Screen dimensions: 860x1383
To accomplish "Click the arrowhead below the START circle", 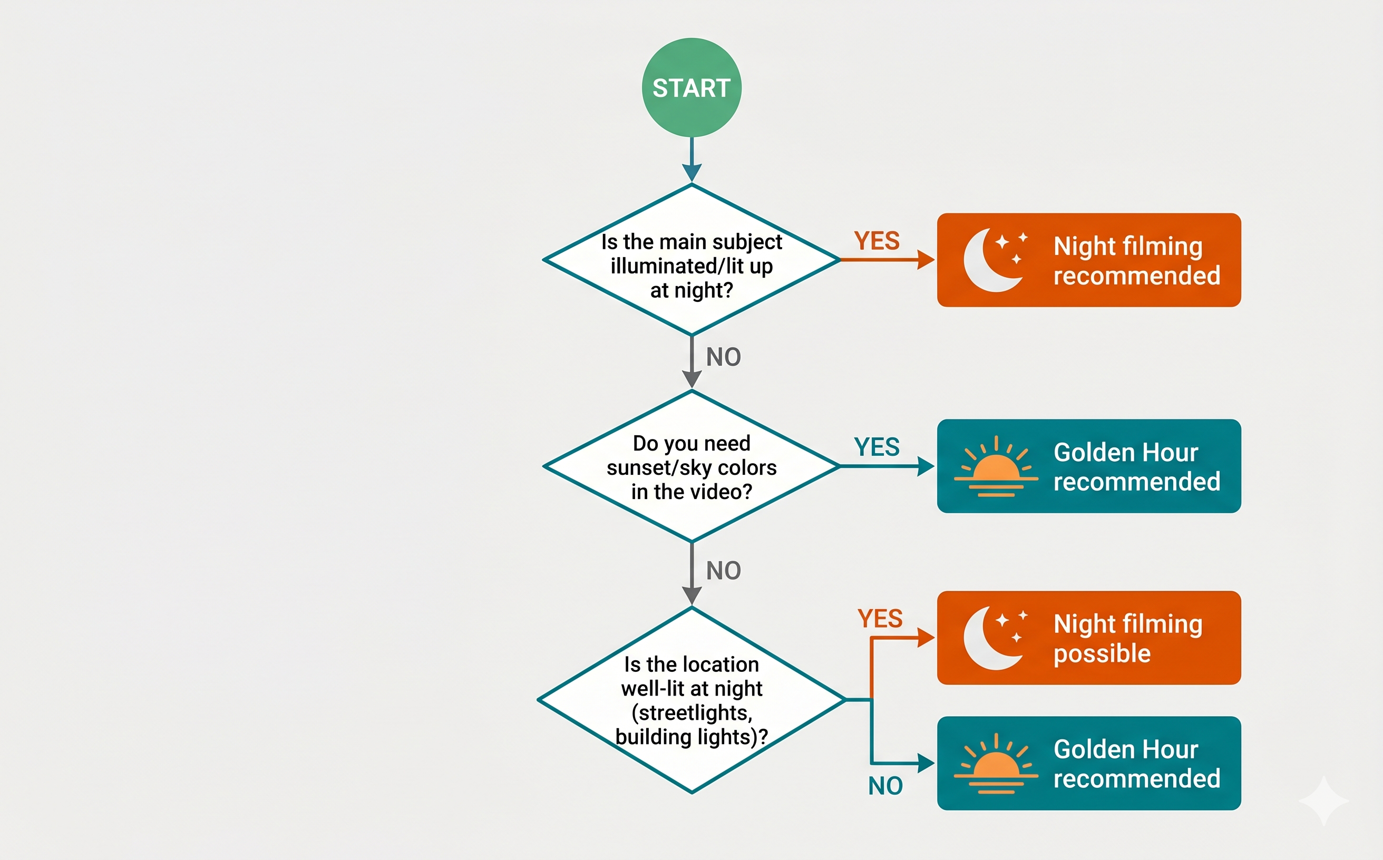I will coord(692,172).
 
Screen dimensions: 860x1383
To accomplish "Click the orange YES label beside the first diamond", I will coord(876,241).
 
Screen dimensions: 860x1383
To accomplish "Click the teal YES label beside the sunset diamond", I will coord(876,447).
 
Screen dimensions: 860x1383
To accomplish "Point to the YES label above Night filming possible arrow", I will coord(880,619).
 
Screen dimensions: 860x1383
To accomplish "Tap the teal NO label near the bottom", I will coord(885,786).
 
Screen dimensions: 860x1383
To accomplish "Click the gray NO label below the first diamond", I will coord(723,357).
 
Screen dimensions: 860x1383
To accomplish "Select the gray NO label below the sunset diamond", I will coord(723,571).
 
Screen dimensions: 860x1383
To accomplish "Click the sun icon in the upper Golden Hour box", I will coord(996,467).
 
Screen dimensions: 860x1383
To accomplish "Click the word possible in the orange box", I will coord(1102,653).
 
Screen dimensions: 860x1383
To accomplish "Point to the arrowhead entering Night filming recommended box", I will coord(926,260).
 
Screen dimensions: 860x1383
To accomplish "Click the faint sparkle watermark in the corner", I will coord(1323,800).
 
